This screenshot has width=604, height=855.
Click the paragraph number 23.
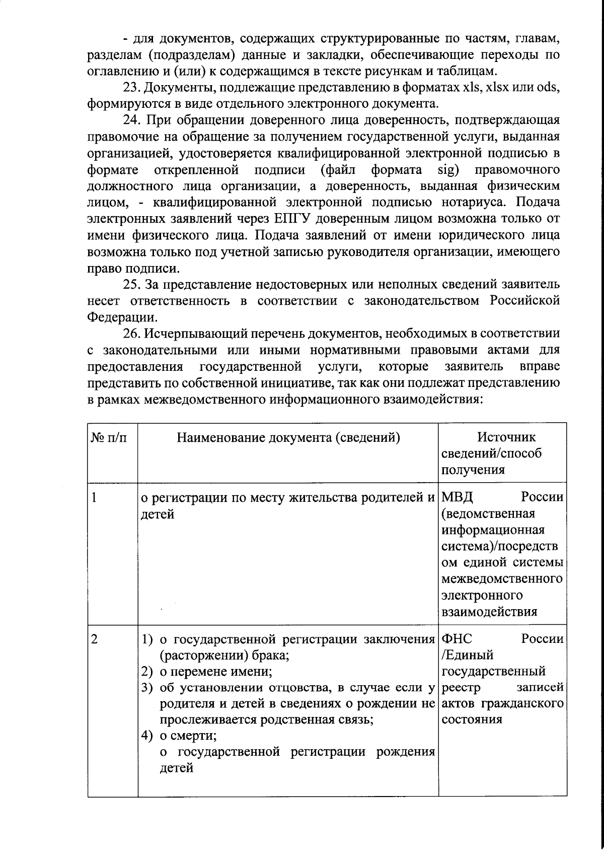[x=132, y=88]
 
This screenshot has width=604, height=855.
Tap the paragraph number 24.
[x=132, y=120]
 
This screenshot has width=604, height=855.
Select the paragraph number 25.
[x=132, y=285]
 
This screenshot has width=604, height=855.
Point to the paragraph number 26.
[x=132, y=334]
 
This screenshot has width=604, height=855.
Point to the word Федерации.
[x=121, y=318]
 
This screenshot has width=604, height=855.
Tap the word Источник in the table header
[x=506, y=437]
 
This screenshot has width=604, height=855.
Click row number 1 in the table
[x=94, y=498]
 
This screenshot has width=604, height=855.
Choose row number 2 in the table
[x=94, y=639]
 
